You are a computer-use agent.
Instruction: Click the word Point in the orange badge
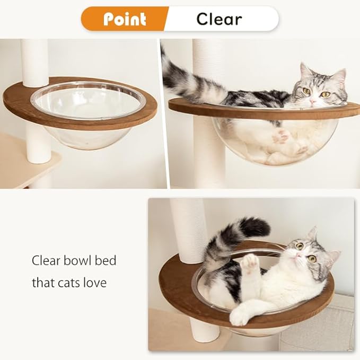[125, 19]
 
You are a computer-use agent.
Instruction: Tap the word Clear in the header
[219, 19]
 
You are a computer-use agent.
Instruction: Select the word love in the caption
[94, 283]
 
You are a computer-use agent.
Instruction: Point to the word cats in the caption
[67, 283]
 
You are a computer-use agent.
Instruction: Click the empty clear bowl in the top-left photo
[87, 114]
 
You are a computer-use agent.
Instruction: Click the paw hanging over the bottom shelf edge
[240, 317]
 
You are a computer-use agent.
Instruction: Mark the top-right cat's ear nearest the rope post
[305, 71]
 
